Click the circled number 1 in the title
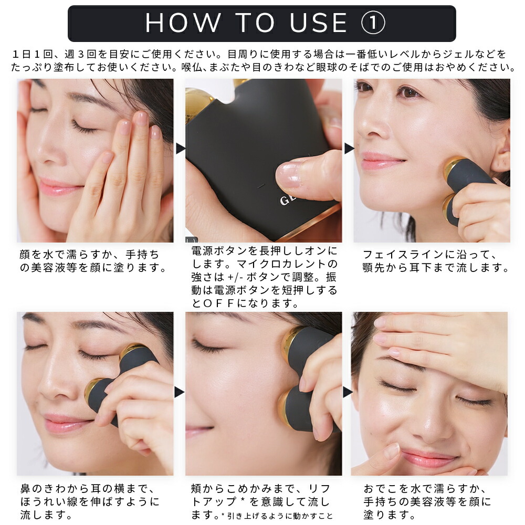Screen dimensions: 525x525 [x=374, y=23]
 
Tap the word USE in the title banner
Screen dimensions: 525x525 [x=319, y=23]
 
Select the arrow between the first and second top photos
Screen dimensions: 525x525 [x=180, y=149]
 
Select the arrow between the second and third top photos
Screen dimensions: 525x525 [x=349, y=149]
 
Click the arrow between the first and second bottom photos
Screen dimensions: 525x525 [x=180, y=392]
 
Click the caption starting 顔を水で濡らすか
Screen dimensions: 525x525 [x=93, y=261]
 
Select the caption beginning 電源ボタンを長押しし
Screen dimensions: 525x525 [x=264, y=277]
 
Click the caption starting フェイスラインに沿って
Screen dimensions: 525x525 [x=436, y=261]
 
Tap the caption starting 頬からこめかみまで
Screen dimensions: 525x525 [x=261, y=501]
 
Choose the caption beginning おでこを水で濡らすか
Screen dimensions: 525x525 [x=427, y=501]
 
